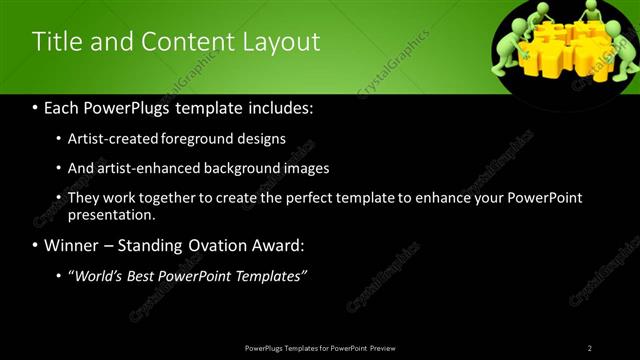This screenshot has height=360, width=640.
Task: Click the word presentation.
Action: pyautogui.click(x=110, y=214)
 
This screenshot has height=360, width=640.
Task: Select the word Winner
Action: pyautogui.click(x=70, y=245)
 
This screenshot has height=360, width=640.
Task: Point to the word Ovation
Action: pyautogui.click(x=215, y=245)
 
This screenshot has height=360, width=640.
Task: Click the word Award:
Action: pyautogui.click(x=283, y=245)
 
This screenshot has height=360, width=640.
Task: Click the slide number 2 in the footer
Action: pyautogui.click(x=590, y=348)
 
